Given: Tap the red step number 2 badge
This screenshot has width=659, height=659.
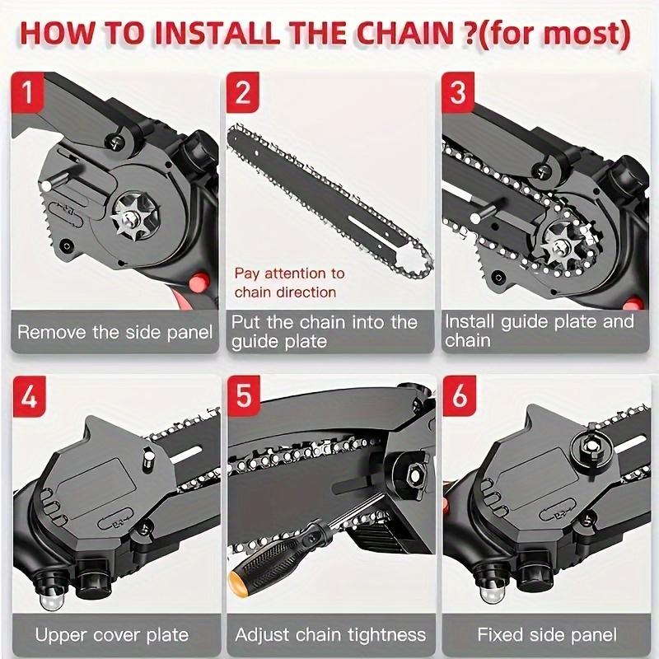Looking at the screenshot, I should [x=242, y=92].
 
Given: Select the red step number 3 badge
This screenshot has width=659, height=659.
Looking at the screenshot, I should [x=458, y=92].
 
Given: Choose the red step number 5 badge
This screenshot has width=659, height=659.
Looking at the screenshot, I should [x=242, y=397].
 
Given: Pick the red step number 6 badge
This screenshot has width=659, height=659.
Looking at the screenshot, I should [x=458, y=397].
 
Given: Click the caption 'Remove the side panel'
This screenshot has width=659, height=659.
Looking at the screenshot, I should [x=115, y=333].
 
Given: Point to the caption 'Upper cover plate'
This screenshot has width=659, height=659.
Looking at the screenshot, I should [x=112, y=635].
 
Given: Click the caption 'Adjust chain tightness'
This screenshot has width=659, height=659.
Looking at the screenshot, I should [x=330, y=635].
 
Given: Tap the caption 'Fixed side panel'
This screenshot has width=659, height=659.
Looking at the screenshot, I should [x=546, y=635].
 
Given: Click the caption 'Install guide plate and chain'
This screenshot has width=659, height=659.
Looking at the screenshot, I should [x=540, y=330].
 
